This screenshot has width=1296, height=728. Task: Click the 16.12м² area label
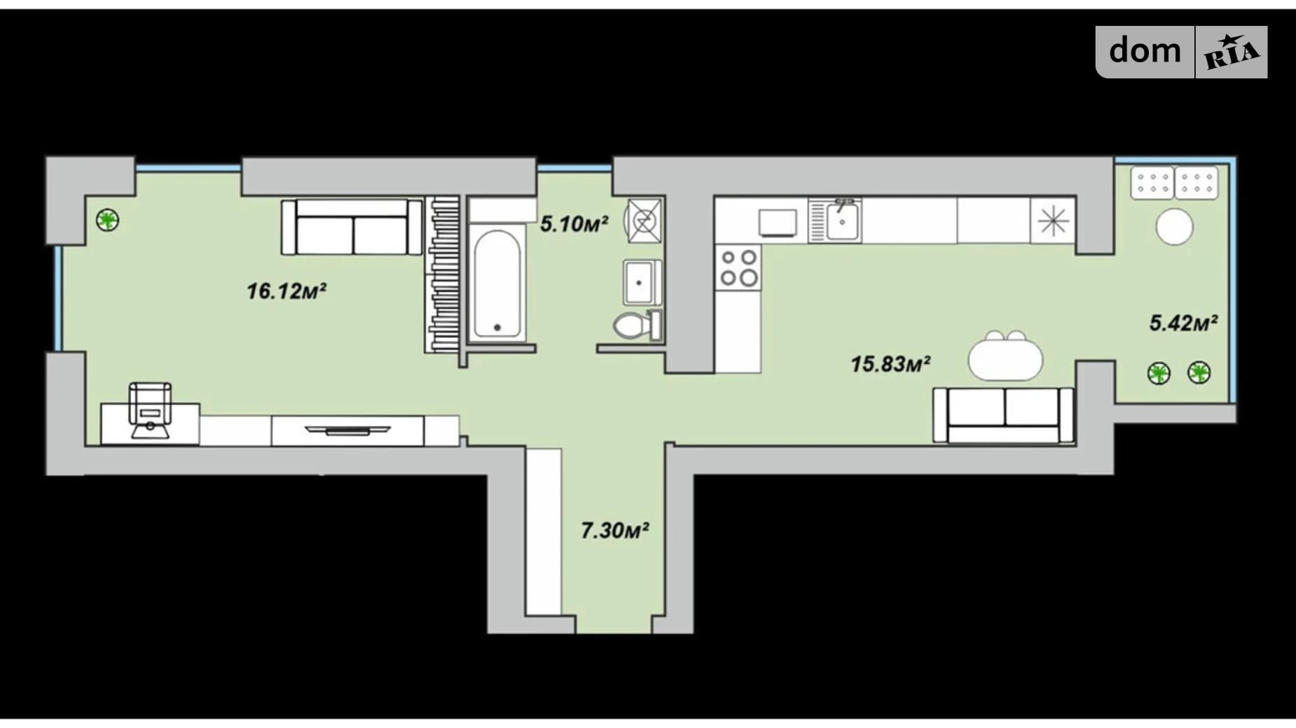(x=287, y=290)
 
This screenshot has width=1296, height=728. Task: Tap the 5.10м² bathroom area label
(x=574, y=224)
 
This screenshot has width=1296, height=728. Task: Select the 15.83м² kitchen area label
(x=890, y=364)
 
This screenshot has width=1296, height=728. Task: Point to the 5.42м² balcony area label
(x=1183, y=323)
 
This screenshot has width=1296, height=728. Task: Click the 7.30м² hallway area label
(x=614, y=531)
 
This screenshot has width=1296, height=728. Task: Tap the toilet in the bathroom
(x=637, y=325)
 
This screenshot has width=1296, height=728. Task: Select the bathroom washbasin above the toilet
(x=642, y=281)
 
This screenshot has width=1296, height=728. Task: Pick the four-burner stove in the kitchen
(x=738, y=267)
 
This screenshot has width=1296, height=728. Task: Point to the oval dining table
(x=1005, y=358)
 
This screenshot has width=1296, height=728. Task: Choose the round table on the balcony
(x=1174, y=227)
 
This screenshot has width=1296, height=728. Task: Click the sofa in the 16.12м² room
(x=352, y=227)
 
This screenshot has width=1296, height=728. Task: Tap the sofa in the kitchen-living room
(x=1003, y=415)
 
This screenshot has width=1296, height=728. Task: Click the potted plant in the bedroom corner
(x=107, y=220)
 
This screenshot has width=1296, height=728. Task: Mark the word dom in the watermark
(x=1145, y=50)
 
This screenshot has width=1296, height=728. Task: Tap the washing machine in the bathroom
(x=644, y=220)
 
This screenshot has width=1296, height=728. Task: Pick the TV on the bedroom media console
(x=347, y=430)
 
